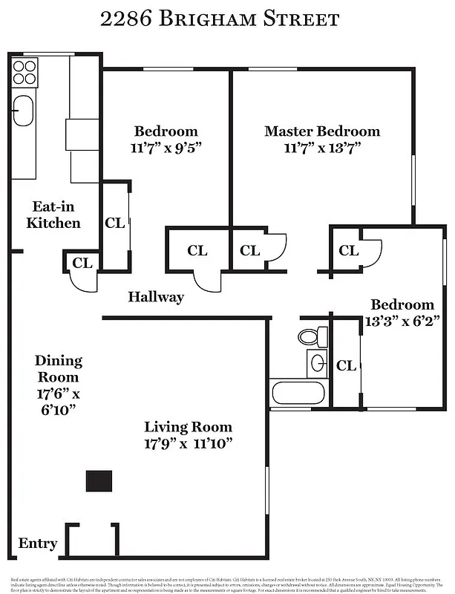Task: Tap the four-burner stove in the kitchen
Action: coord(24,72)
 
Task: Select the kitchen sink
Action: coord(24,111)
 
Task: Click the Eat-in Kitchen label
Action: coord(53,215)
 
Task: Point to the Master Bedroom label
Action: coord(321,131)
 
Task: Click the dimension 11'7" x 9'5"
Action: coord(166,147)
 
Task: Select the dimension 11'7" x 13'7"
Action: coord(321,147)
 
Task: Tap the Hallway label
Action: coord(156,297)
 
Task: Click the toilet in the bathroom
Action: coord(312,336)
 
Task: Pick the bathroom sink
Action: coord(317,363)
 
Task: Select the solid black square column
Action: coord(99,480)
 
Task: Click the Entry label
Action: coord(37,544)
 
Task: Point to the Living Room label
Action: coord(188,427)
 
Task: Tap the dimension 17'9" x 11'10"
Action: coord(188,443)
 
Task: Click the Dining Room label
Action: coord(58,368)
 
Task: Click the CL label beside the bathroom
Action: coord(346,365)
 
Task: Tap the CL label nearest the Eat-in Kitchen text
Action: coord(114,222)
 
